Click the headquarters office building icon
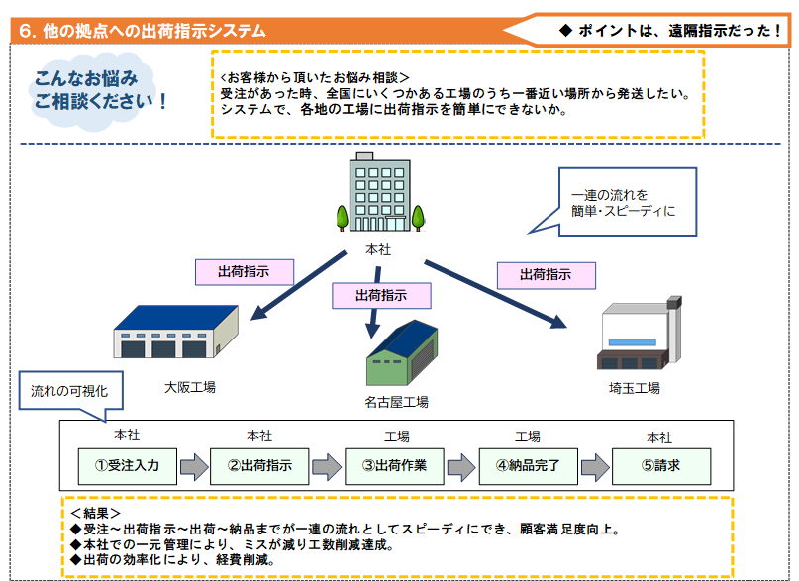[378, 193]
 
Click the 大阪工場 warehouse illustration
[177, 332]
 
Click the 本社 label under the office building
[378, 249]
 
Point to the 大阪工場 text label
[190, 387]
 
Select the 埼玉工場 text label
[635, 387]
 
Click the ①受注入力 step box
[128, 465]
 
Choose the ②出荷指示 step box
[259, 465]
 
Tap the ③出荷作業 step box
[394, 465]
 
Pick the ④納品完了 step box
[528, 465]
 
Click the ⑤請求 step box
[660, 465]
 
